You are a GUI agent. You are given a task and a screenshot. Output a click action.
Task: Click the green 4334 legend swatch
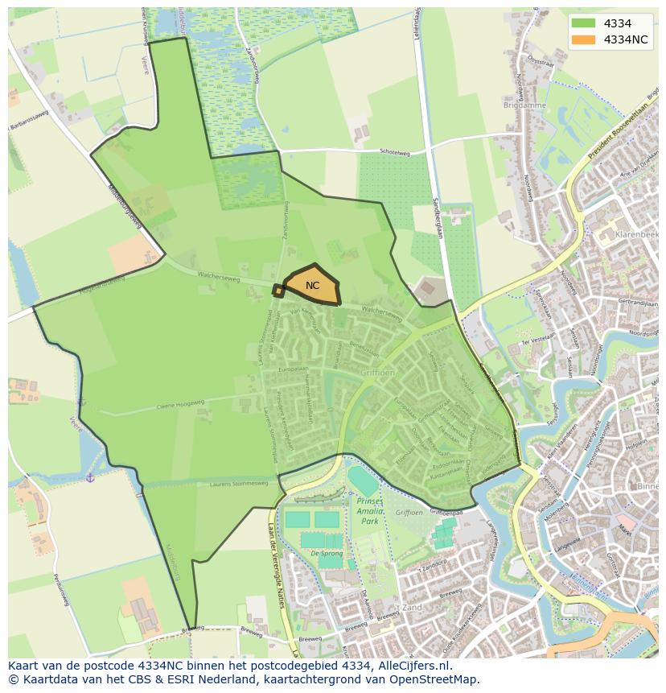tap(584, 24)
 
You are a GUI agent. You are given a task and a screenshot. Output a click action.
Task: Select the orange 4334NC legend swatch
tap(584, 39)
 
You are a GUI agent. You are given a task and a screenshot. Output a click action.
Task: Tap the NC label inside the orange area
tap(313, 286)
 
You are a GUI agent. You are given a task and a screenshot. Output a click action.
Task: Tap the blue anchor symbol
tap(91, 479)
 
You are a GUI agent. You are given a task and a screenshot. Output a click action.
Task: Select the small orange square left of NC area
tap(278, 291)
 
